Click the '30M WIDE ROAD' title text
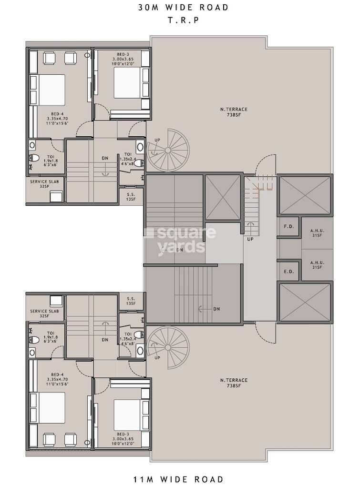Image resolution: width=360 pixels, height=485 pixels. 183,8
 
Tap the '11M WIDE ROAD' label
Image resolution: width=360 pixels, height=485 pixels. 183,478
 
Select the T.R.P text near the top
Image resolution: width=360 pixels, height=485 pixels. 183,20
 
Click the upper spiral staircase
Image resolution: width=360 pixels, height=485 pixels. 168,149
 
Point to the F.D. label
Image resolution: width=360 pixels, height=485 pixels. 288,227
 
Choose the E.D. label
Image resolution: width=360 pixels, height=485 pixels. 288,272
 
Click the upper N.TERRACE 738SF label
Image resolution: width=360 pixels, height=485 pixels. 234,112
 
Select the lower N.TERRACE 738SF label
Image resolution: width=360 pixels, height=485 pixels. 234,383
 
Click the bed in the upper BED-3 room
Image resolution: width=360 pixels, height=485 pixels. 128,83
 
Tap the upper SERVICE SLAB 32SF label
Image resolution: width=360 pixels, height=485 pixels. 44,184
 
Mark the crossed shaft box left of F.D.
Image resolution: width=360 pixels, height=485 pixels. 223,197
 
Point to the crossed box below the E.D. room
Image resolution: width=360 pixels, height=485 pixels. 305,302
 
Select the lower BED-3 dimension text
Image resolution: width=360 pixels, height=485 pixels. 123,437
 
